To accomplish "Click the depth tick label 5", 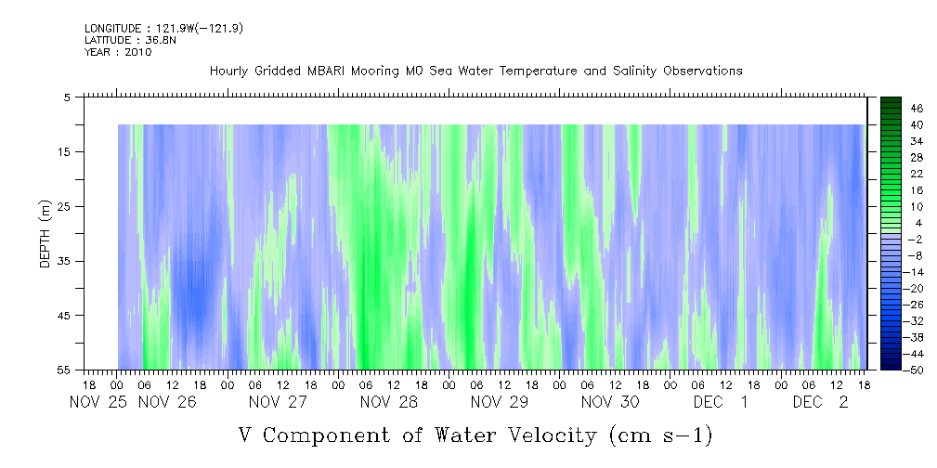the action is [x=67, y=97].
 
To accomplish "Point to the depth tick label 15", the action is [x=63, y=151].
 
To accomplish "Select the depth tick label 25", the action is [x=63, y=206].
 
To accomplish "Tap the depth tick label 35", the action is [x=63, y=261].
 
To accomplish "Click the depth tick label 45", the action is [x=63, y=316].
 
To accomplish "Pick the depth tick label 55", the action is [x=63, y=370].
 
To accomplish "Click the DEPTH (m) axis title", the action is [x=46, y=234].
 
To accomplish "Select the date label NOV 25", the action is [x=98, y=402].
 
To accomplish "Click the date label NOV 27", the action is [x=278, y=402].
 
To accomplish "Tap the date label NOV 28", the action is [x=389, y=402].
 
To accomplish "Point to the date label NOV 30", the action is [x=610, y=402].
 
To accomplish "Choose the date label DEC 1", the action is [x=721, y=402].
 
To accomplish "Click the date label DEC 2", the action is [x=821, y=402].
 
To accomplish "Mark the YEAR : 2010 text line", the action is [x=118, y=52].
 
